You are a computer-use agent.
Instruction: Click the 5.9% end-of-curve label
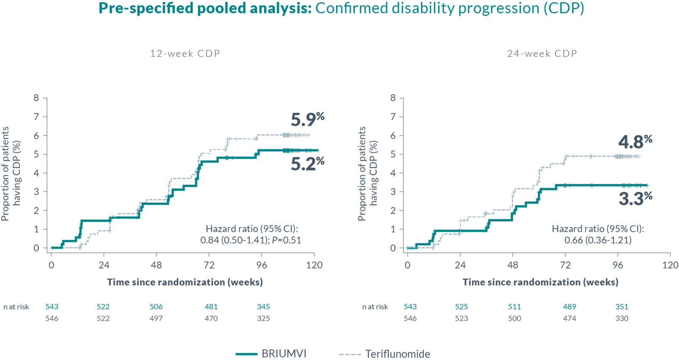[x=307, y=120]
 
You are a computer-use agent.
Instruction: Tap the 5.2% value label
[x=307, y=164]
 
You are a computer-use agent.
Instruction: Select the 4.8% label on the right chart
[x=635, y=142]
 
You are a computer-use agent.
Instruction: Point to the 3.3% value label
[x=635, y=199]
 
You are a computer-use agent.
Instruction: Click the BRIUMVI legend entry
[x=271, y=354]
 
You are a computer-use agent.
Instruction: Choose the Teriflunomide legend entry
[x=385, y=354]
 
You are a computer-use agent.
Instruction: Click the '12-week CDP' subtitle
[x=185, y=53]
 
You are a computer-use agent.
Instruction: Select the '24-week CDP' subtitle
[x=542, y=53]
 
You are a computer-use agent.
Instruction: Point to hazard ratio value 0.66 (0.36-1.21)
[x=598, y=240]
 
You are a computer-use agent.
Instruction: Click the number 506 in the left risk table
[x=156, y=307]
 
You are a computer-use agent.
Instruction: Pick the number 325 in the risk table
[x=263, y=318]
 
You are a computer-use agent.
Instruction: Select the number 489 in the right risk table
[x=569, y=307]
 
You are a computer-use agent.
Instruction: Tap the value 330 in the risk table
[x=622, y=318]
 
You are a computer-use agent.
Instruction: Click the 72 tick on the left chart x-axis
[x=209, y=265]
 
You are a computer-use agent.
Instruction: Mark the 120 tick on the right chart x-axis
[x=670, y=265]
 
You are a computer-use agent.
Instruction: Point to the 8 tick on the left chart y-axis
[x=37, y=98]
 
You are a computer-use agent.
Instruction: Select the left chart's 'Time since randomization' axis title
[x=184, y=282]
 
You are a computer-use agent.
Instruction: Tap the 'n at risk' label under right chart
[x=375, y=307]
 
